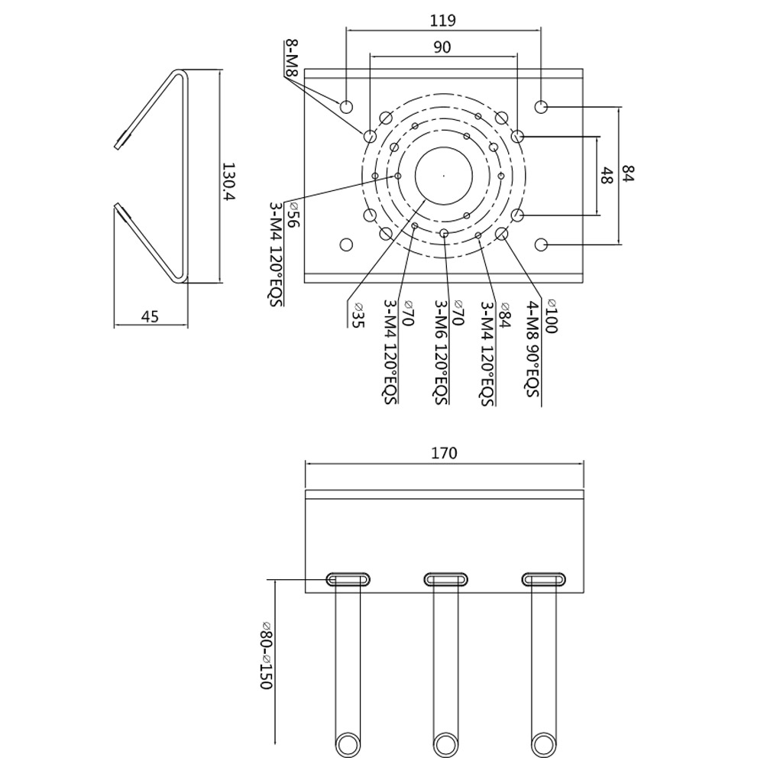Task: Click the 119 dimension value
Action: pos(443,20)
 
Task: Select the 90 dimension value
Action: pos(442,47)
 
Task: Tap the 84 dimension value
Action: pos(628,175)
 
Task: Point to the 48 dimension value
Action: pos(606,176)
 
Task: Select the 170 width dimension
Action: pos(443,453)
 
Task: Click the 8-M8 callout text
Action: pos(290,59)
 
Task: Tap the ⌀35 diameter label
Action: pos(357,315)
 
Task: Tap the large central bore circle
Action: pos(444,175)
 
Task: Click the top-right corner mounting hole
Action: pos(542,106)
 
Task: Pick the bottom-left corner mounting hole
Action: pos(346,244)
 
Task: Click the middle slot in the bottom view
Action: pos(445,579)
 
